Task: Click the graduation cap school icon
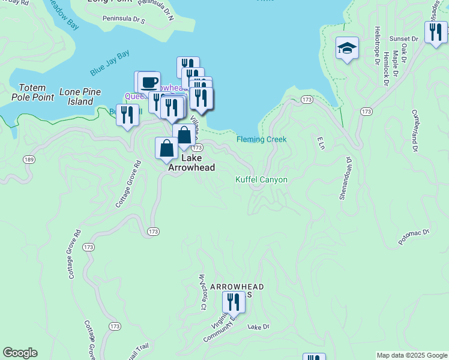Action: tap(347, 49)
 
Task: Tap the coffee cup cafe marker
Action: tap(149, 82)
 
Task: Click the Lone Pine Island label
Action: tap(80, 97)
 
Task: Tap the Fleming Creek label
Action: tap(261, 139)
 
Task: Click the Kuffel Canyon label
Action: tap(261, 179)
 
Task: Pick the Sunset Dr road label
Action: tap(403, 38)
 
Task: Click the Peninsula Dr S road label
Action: tap(123, 20)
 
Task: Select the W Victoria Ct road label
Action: tap(202, 292)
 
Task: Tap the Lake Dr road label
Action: tap(259, 327)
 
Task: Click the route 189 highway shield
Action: tap(28, 159)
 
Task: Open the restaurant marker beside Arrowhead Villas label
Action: tap(234, 302)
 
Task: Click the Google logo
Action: tap(20, 353)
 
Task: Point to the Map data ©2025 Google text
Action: tap(411, 355)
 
